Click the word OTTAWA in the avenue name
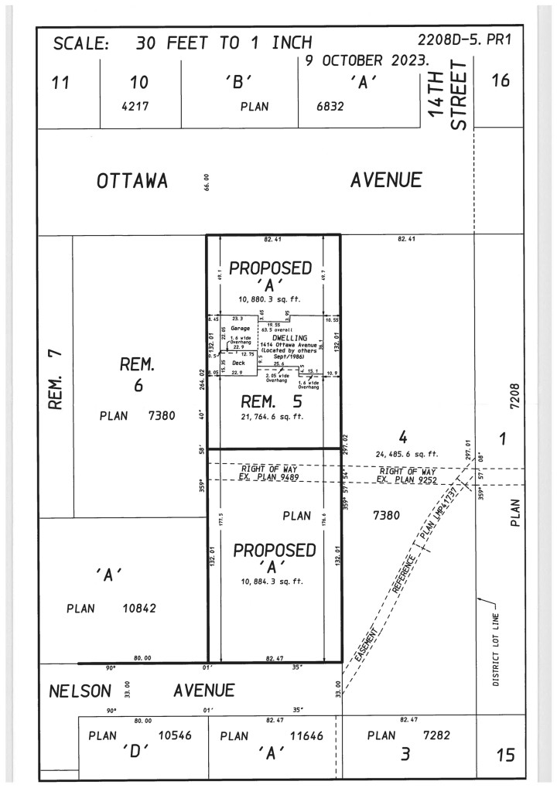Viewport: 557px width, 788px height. (132, 182)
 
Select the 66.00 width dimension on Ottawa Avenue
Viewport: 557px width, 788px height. (205, 183)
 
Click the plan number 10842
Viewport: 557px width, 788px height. (139, 608)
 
